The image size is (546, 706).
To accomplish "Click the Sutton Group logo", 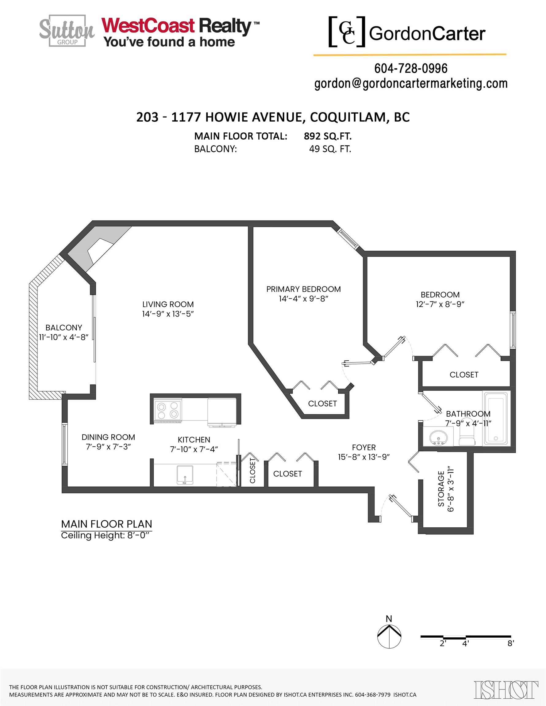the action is tap(67, 31).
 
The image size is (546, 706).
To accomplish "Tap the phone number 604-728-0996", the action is tap(411, 68).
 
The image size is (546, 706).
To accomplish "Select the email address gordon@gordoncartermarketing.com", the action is tap(411, 84).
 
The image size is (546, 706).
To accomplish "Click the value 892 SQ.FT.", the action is tap(328, 136).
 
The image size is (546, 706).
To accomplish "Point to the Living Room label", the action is tap(168, 304).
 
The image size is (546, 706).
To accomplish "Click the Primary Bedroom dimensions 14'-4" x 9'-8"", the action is tap(304, 299).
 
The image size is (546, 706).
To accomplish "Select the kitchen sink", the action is tap(185, 475).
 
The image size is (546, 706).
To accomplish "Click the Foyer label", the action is tap(364, 447).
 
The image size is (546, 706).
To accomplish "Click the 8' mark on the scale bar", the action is tap(510, 643).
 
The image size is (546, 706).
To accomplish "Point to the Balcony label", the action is tap(64, 328).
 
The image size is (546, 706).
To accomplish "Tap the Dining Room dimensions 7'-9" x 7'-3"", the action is tap(108, 447).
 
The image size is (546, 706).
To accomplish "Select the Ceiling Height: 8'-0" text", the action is tap(106, 535).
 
